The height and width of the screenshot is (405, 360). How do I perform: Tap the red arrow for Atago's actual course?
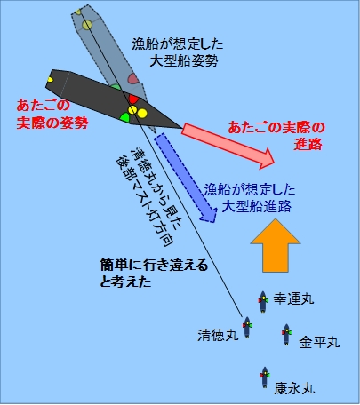coord(228,147)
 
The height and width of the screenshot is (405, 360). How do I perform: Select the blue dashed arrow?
coord(186,178)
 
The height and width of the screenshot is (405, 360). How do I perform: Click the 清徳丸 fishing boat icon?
coord(247,327)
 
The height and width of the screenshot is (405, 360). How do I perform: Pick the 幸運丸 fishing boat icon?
coord(263,302)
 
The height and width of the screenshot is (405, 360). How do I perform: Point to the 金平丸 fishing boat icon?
coord(286,335)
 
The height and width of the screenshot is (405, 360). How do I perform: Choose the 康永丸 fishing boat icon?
coord(265,377)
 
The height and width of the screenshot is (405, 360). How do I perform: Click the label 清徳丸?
coord(219,336)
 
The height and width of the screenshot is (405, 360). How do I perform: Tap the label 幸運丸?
coord(293,298)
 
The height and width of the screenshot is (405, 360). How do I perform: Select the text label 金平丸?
coord(319,342)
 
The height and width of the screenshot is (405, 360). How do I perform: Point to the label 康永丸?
coord(294,389)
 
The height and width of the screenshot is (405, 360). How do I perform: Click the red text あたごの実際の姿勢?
coord(52,114)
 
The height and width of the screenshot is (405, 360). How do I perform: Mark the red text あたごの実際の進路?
coord(276,136)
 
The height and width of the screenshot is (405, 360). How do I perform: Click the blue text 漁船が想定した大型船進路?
coord(250,198)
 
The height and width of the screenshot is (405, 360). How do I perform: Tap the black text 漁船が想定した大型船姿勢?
coord(178,52)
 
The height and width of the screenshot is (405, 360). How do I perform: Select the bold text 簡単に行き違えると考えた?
coord(154,274)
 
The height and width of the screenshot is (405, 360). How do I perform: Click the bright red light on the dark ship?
coord(133,99)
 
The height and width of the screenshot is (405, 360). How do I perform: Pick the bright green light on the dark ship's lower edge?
coord(124,117)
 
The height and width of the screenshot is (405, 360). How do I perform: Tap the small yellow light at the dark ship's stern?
coord(50,80)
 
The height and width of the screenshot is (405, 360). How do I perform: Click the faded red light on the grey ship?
coord(133,78)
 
